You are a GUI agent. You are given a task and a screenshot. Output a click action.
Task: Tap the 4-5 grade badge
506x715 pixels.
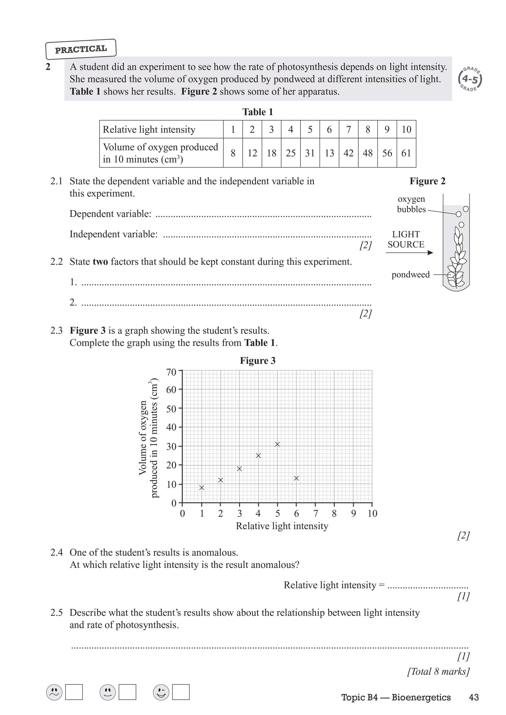[470, 79]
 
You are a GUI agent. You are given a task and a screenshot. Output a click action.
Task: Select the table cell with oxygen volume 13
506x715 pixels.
[329, 153]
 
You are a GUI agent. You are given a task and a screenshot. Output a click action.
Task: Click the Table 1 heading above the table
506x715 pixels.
[258, 112]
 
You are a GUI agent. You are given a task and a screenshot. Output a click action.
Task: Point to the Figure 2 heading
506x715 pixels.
[427, 181]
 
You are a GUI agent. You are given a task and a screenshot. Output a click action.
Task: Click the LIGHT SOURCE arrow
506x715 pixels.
[409, 252]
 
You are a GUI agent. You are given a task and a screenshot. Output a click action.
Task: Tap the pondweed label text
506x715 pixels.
[410, 274]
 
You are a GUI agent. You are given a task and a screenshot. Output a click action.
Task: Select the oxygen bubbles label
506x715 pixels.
[411, 204]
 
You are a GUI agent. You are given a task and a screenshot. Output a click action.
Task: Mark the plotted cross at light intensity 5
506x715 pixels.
[277, 444]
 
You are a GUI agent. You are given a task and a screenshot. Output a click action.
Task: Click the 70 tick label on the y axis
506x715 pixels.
[171, 372]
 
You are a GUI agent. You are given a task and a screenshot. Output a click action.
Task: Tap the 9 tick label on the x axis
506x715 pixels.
[353, 514]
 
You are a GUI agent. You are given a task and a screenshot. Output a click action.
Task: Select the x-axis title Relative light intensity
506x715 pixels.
[282, 526]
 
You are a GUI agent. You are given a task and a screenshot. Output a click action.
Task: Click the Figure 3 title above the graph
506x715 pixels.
[258, 361]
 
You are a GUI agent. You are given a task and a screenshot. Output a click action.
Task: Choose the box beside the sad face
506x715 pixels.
[74, 692]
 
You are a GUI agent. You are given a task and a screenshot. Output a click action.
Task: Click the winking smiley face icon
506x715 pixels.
[161, 692]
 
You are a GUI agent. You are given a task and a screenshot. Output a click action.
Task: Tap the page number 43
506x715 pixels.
[474, 697]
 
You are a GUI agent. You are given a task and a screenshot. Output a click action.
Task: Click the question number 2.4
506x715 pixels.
[56, 552]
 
